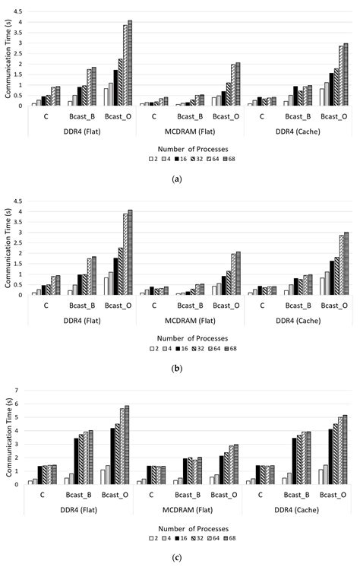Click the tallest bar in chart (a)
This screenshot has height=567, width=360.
pyautogui.click(x=130, y=63)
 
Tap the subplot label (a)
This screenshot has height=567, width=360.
pyautogui.click(x=177, y=179)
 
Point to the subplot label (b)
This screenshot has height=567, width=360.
pyautogui.click(x=177, y=369)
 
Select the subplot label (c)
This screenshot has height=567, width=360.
pyautogui.click(x=177, y=558)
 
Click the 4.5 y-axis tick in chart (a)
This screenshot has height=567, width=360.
pyautogui.click(x=18, y=12)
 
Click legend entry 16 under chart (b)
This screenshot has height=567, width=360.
pyautogui.click(x=181, y=349)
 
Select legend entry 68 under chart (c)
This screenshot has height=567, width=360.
pyautogui.click(x=230, y=538)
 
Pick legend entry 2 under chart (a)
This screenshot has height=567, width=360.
pyautogui.click(x=153, y=159)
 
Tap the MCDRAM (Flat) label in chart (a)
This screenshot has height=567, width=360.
pyautogui.click(x=190, y=131)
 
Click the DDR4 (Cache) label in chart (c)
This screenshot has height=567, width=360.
pyautogui.click(x=297, y=510)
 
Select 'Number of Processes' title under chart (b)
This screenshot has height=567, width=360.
pyautogui.click(x=193, y=338)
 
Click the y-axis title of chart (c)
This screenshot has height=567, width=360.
pyautogui.click(x=9, y=437)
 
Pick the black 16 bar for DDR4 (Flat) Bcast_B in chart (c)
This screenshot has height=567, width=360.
pyautogui.click(x=76, y=461)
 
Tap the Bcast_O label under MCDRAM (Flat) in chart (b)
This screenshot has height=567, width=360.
pyautogui.click(x=226, y=306)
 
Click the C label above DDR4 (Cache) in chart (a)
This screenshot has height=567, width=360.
pyautogui.click(x=262, y=117)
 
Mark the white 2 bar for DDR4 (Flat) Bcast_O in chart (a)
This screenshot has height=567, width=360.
pyautogui.click(x=106, y=97)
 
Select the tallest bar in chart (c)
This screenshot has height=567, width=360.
pyautogui.click(x=127, y=445)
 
